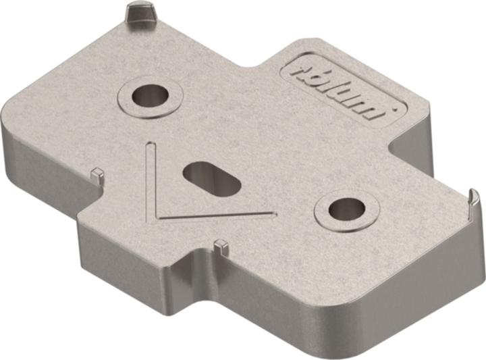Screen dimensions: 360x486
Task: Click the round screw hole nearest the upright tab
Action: pyautogui.click(x=150, y=95)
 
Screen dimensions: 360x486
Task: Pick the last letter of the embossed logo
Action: pyautogui.click(x=379, y=107)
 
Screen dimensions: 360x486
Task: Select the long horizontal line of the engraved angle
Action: pyautogui.click(x=216, y=215)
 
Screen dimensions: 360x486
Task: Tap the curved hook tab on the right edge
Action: pyautogui.click(x=474, y=203)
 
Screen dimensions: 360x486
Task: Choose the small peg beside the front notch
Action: pyautogui.click(x=219, y=247)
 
